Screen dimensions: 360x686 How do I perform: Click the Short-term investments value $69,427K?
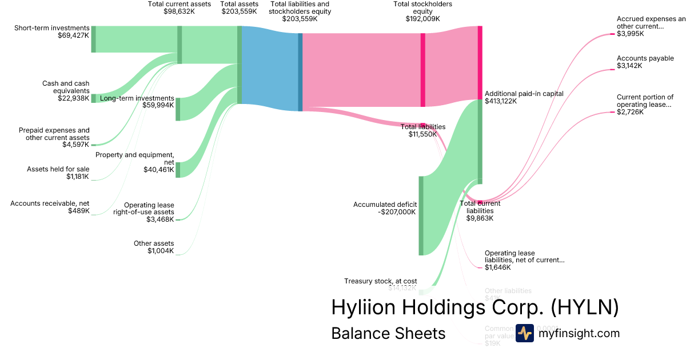tap(73, 35)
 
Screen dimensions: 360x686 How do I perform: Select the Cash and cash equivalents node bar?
tap(94, 98)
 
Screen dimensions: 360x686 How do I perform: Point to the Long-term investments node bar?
tap(178, 109)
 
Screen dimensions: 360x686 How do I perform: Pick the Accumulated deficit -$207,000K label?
tap(385, 208)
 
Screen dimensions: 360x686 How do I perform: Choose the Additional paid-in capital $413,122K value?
tap(501, 101)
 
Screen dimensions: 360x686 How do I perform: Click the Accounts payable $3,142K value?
tap(629, 66)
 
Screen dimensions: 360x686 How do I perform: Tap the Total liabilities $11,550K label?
tap(422, 131)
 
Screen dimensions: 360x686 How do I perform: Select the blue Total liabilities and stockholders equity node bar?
tap(300, 72)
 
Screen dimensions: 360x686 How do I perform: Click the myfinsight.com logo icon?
tap(525, 334)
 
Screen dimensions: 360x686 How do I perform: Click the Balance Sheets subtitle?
tap(388, 333)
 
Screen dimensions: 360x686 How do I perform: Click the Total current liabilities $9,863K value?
tap(480, 218)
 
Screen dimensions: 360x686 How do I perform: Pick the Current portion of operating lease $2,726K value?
tap(630, 112)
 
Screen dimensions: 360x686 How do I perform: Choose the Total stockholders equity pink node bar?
tap(423, 70)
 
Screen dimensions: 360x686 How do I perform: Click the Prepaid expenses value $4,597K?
tap(76, 145)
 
